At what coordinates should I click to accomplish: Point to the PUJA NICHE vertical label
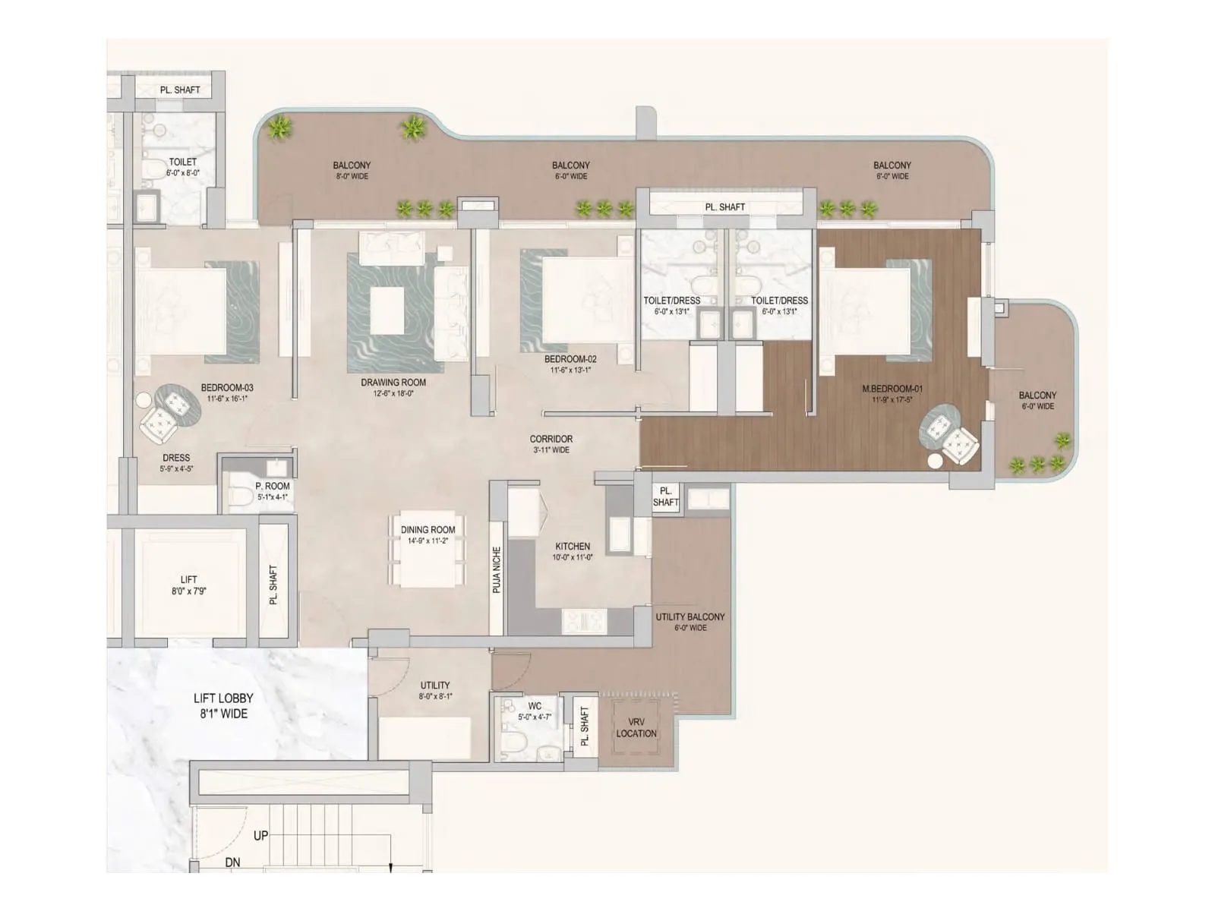(497, 570)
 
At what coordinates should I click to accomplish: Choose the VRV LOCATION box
(636, 727)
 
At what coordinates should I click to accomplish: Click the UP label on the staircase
(260, 835)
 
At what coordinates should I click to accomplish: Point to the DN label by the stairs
(232, 862)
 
